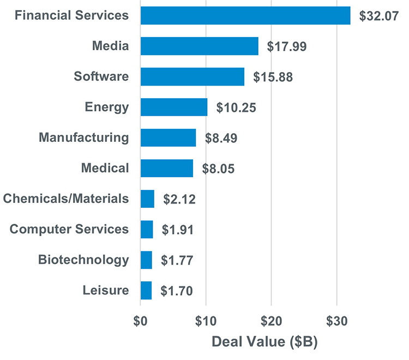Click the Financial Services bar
pos(245,16)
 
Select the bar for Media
pos(199,46)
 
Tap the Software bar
pos(192,77)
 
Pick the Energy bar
pos(173,107)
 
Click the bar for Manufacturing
pos(168,138)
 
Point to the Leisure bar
pos(146,291)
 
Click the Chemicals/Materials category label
pos(66,199)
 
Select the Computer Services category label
pos(70,229)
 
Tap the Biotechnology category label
pos(83,260)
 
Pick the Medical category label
pos(105,168)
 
